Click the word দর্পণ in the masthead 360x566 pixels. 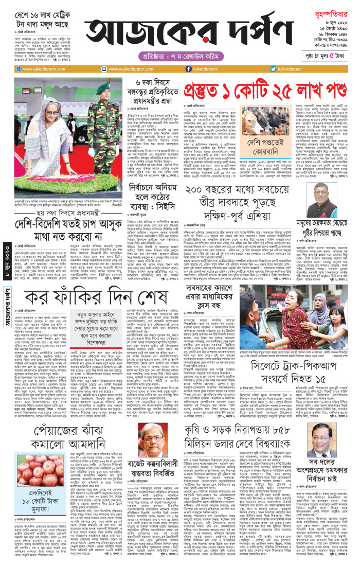point(236,31)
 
